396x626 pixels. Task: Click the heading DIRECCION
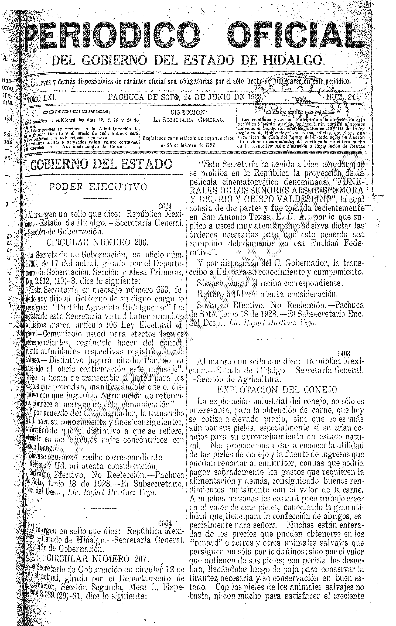click(x=189, y=112)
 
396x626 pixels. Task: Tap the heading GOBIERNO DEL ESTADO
click(x=101, y=164)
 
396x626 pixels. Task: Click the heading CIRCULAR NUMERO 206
click(x=97, y=242)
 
